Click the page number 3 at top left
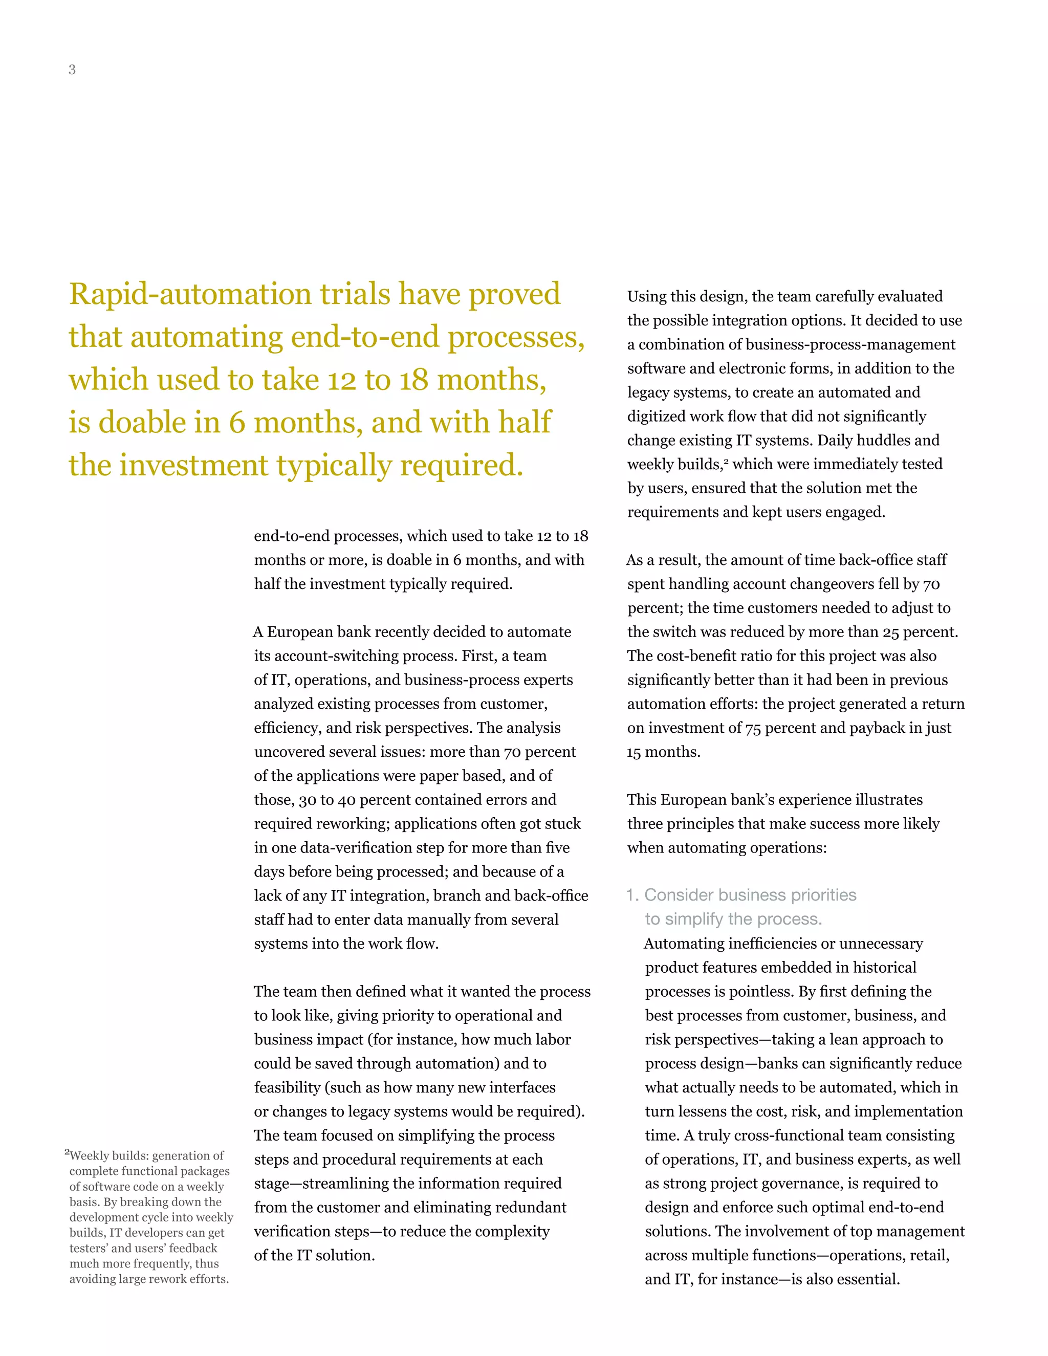click(x=72, y=70)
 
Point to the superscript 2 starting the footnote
click(x=67, y=1152)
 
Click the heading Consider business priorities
click(x=750, y=894)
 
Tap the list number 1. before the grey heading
click(x=632, y=894)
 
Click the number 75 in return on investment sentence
click(x=752, y=728)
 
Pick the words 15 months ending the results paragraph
click(x=663, y=752)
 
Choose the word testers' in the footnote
click(x=88, y=1249)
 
